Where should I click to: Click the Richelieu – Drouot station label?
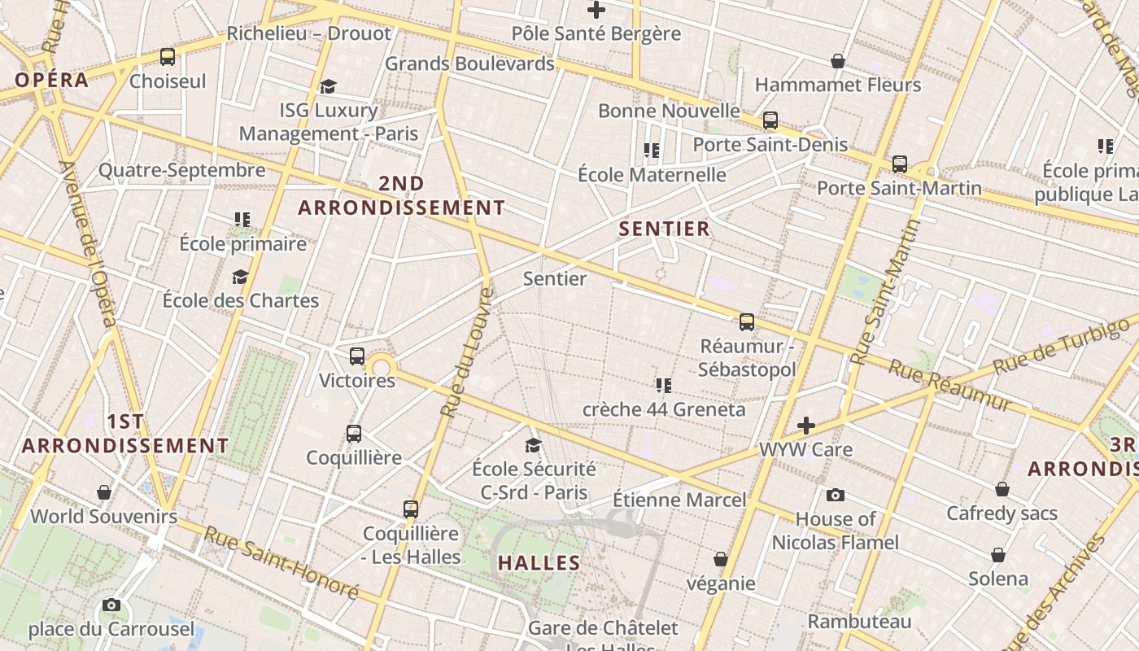[308, 33]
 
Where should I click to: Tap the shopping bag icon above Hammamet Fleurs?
[837, 61]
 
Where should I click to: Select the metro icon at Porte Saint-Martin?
[899, 164]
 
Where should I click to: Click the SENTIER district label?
[665, 229]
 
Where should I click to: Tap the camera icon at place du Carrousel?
[111, 605]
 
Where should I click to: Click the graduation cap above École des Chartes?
[240, 277]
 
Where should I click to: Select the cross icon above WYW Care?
[805, 426]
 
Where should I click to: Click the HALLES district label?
[539, 562]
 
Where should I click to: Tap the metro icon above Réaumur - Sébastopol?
[747, 321]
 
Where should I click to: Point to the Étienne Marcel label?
[679, 499]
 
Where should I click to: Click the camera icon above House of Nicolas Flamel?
[835, 495]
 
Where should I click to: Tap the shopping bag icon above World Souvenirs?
[104, 492]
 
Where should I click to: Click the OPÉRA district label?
[51, 80]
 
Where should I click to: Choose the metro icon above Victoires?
[356, 356]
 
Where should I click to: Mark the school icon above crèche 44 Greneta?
[663, 385]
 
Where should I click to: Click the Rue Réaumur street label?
[949, 385]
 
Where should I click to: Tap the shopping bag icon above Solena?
[998, 555]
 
